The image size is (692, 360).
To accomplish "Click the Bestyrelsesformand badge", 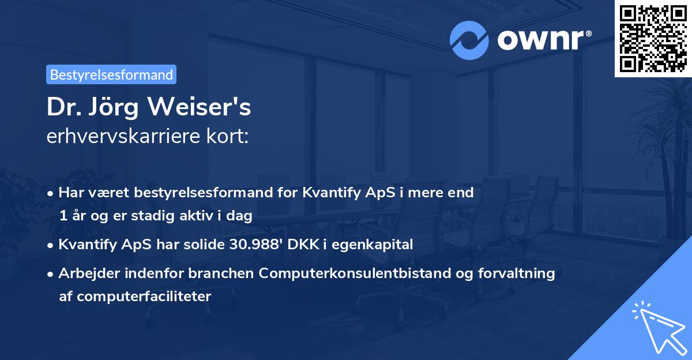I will (x=111, y=74).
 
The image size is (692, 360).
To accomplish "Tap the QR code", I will (x=653, y=38).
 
